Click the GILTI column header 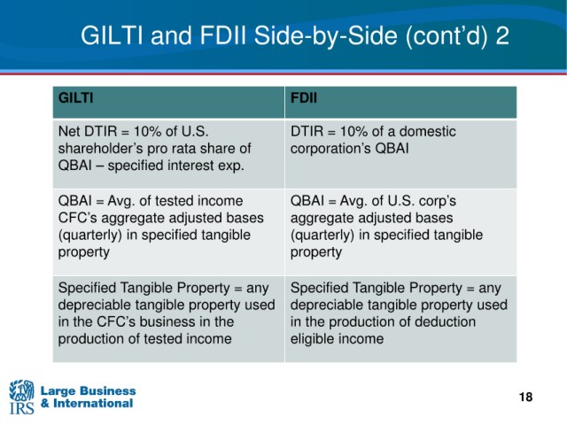coord(75,98)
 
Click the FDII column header coord(304,98)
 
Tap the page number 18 coord(525,397)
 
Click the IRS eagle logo coord(21,397)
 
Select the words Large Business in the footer coord(88,391)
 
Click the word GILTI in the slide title coord(112,35)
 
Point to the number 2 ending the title coord(502,35)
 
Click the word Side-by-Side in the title coord(325,35)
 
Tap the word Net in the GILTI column coord(69,131)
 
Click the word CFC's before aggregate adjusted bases coord(78,218)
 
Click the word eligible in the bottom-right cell coord(314,339)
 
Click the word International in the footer coord(93,404)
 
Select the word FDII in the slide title coord(223,35)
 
